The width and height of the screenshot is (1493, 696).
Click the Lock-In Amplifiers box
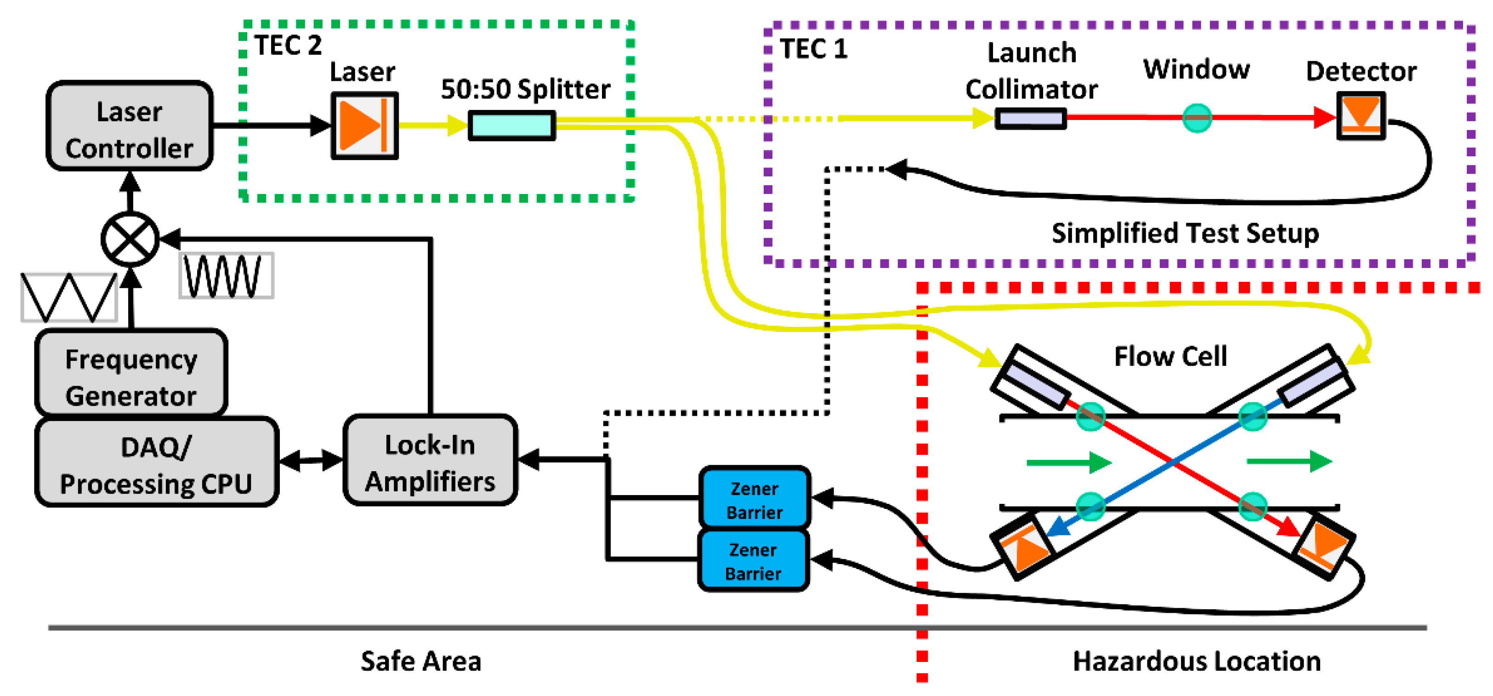(x=430, y=461)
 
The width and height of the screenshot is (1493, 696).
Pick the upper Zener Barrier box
(x=754, y=498)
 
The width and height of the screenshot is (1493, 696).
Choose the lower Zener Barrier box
(x=753, y=560)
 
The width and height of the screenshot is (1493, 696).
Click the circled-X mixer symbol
(x=131, y=239)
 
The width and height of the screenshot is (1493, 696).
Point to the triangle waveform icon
(x=69, y=297)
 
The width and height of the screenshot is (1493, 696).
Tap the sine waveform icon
(x=226, y=276)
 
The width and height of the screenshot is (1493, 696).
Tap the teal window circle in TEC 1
(x=1197, y=118)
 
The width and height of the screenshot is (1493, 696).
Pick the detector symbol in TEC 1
(x=1360, y=115)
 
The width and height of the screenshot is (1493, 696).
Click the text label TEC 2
(x=288, y=45)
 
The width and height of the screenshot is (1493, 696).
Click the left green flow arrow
(x=1067, y=462)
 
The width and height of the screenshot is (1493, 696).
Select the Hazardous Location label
(x=1196, y=661)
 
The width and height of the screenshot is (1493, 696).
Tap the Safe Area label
(x=421, y=661)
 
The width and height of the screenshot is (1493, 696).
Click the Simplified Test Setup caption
(x=1185, y=233)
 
